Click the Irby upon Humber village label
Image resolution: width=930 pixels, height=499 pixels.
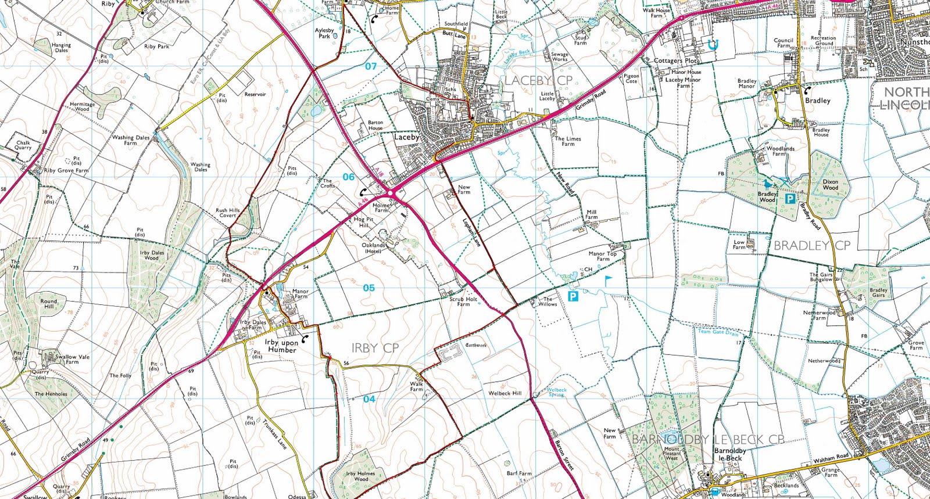point(281,346)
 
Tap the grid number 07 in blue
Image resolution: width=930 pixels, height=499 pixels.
point(371,66)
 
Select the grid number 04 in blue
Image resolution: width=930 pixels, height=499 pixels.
point(369,399)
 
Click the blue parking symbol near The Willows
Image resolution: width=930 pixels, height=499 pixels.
point(573,297)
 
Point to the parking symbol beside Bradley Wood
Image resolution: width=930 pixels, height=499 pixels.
point(790,199)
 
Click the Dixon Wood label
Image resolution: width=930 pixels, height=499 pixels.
point(831,185)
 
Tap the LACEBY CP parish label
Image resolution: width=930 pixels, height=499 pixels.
point(538,80)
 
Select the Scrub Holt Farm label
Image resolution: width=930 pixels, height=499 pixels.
point(463,301)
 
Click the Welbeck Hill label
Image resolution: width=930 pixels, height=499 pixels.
point(505,393)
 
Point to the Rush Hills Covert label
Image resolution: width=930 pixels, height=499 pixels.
point(227,213)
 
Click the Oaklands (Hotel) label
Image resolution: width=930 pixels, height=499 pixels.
point(373,248)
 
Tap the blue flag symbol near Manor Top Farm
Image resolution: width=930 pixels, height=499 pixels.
point(608,281)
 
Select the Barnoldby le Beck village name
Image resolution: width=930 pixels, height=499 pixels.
point(730,454)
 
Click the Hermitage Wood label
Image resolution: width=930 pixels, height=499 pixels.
point(82,106)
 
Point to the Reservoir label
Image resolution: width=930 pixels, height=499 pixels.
point(255,94)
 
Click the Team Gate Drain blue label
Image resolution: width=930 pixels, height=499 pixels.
point(718,332)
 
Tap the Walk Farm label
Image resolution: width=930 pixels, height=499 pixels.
point(417,386)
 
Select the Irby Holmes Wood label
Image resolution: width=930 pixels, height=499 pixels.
point(361,476)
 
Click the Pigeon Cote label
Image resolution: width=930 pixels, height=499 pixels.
point(631,78)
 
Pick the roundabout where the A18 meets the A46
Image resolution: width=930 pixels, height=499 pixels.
point(392,192)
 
